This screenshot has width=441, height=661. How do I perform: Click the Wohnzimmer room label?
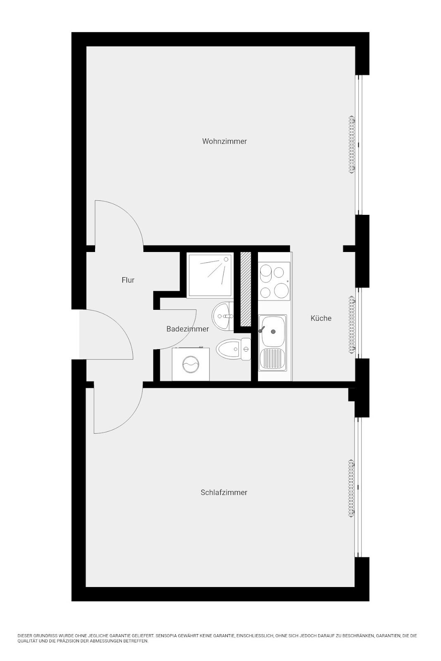tap(224, 141)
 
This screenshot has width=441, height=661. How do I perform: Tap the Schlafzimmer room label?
tap(224, 492)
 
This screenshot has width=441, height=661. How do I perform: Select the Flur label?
tap(128, 280)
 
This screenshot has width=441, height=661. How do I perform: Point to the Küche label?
tap(321, 318)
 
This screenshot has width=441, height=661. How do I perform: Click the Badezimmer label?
tap(188, 329)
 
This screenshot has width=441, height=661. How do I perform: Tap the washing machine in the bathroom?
tap(191, 364)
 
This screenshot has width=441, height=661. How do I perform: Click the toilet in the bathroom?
tap(233, 349)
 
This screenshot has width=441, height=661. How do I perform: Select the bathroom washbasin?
tap(222, 316)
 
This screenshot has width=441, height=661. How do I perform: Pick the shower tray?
tap(210, 274)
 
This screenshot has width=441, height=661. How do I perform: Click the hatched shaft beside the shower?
tap(245, 288)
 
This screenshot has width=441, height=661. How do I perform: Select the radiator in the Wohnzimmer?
tap(352, 145)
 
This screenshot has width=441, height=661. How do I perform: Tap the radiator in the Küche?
tap(351, 324)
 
